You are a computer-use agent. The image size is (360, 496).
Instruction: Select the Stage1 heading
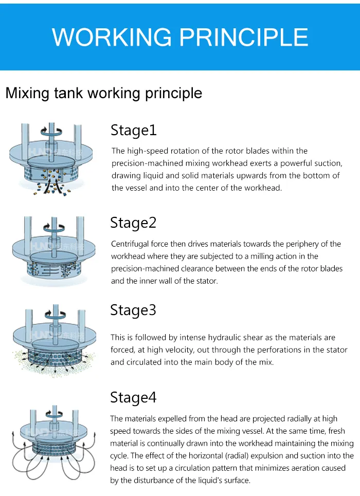pyautogui.click(x=133, y=131)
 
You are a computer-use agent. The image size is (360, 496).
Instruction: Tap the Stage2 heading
pyautogui.click(x=133, y=223)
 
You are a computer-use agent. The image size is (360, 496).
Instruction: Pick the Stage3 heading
pyautogui.click(x=133, y=310)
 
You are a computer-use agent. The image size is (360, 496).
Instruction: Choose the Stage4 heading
pyautogui.click(x=133, y=398)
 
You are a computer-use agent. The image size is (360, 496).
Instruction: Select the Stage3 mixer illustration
pyautogui.click(x=51, y=339)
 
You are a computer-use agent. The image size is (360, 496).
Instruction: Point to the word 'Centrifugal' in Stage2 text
pyautogui.click(x=131, y=244)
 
